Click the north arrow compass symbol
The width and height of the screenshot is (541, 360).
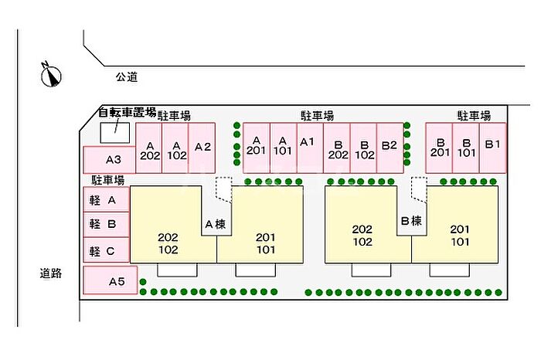[52, 74]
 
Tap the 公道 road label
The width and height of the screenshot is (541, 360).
[126, 76]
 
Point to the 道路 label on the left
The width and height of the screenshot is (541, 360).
[51, 273]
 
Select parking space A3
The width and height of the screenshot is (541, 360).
[114, 160]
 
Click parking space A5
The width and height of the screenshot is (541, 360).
[111, 281]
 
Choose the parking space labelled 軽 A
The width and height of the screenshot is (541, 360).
[106, 200]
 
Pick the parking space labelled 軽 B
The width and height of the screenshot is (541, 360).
[106, 225]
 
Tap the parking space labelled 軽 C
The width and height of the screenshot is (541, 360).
[106, 250]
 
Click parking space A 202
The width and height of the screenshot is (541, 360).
[150, 148]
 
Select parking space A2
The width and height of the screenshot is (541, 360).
[202, 147]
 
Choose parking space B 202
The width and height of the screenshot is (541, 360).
[336, 148]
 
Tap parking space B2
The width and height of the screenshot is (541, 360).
[389, 145]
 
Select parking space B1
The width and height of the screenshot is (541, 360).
[492, 144]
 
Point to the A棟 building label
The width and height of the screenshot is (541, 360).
[216, 225]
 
